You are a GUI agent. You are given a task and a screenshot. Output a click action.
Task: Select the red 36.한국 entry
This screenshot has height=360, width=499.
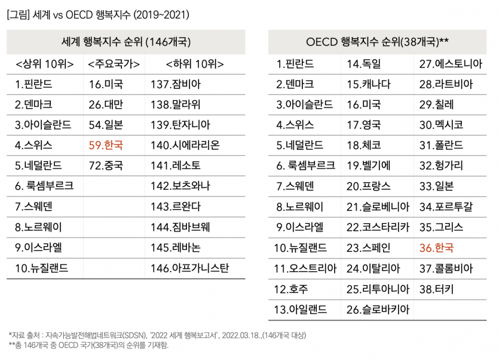(x=436, y=248)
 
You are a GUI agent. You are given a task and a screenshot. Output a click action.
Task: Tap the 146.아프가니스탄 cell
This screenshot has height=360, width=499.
(x=189, y=268)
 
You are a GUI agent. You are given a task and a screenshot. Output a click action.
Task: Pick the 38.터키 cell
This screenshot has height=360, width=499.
(x=436, y=289)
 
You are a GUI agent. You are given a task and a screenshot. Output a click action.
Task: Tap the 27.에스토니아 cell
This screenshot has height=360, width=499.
(x=450, y=64)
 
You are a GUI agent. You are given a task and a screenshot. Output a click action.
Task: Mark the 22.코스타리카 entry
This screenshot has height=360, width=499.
(x=378, y=227)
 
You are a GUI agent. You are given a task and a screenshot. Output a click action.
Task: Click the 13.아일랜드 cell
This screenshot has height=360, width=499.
(x=301, y=309)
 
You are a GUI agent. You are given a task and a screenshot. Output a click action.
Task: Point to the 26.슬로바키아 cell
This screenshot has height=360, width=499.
(x=378, y=309)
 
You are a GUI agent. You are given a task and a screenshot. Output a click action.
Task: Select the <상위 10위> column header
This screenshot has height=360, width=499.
(x=44, y=64)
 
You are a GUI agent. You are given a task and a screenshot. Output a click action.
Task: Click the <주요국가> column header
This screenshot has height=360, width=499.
(x=114, y=64)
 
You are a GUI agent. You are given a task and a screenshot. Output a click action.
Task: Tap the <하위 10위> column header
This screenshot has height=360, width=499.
(x=195, y=64)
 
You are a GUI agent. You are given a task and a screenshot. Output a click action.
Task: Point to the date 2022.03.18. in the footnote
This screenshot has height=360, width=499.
(x=242, y=335)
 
